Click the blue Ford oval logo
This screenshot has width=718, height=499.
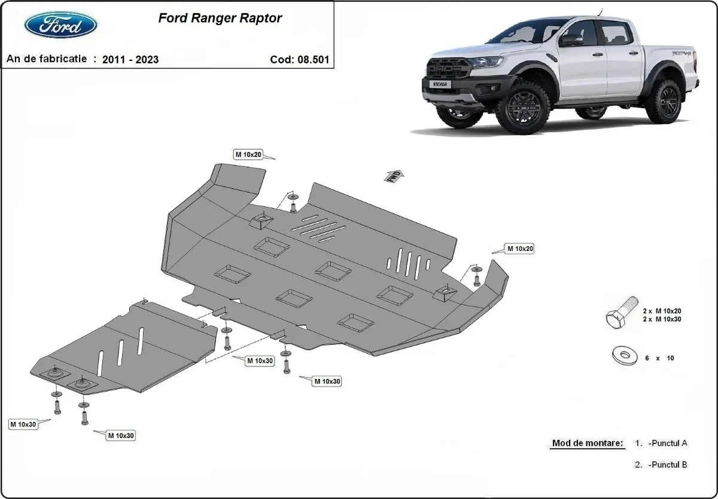(60, 25)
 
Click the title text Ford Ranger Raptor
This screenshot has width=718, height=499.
(220, 18)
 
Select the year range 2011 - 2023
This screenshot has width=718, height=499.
(130, 59)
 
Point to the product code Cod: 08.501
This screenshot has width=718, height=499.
(299, 59)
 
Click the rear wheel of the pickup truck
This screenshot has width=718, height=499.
(663, 102)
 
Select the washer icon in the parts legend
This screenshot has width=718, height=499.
(623, 357)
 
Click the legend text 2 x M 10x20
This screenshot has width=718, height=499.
(662, 311)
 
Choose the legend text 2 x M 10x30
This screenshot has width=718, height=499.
(662, 319)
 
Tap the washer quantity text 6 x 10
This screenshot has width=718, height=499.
(659, 358)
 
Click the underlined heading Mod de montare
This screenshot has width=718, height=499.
(587, 443)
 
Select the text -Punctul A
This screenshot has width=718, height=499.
(667, 443)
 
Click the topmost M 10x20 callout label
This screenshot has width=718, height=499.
(248, 155)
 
